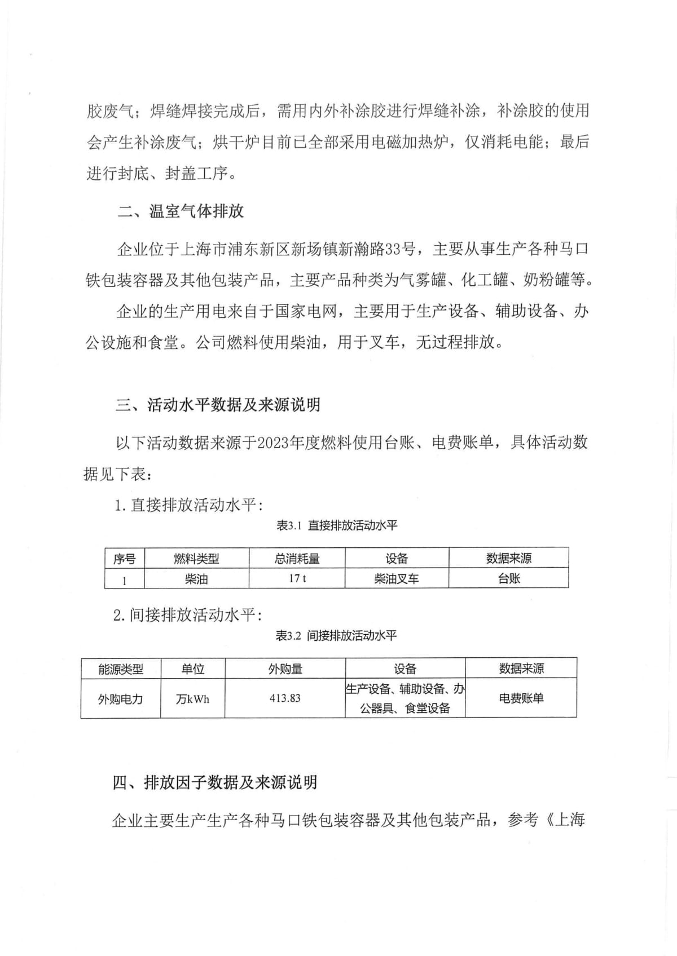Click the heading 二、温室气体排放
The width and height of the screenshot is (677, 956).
pyautogui.click(x=181, y=211)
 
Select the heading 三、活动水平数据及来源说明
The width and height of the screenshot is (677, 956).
pyautogui.click(x=218, y=404)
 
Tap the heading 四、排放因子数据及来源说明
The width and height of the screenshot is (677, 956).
pyautogui.click(x=215, y=782)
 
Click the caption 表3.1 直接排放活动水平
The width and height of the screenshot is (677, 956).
pyautogui.click(x=337, y=525)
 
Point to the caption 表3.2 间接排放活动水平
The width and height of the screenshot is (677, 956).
pyautogui.click(x=336, y=636)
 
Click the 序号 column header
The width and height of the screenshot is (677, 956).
pyautogui.click(x=125, y=559)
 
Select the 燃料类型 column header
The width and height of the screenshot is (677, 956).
pyautogui.click(x=196, y=559)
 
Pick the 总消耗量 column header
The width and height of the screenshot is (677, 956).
pyautogui.click(x=297, y=559)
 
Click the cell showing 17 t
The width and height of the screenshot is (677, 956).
pyautogui.click(x=297, y=578)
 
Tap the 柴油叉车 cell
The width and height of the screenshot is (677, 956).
pyautogui.click(x=397, y=578)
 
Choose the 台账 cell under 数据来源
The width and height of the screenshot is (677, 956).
pyautogui.click(x=509, y=578)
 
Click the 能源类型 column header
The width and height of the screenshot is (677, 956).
pyautogui.click(x=121, y=669)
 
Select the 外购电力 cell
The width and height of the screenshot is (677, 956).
pyautogui.click(x=121, y=699)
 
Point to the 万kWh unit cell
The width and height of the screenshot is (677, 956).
pyautogui.click(x=193, y=699)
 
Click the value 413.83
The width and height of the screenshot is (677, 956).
pyautogui.click(x=285, y=698)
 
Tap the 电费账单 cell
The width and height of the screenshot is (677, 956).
pyautogui.click(x=521, y=698)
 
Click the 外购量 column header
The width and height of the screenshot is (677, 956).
pyautogui.click(x=285, y=669)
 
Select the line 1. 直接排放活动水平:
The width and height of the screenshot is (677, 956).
pyautogui.click(x=188, y=504)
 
